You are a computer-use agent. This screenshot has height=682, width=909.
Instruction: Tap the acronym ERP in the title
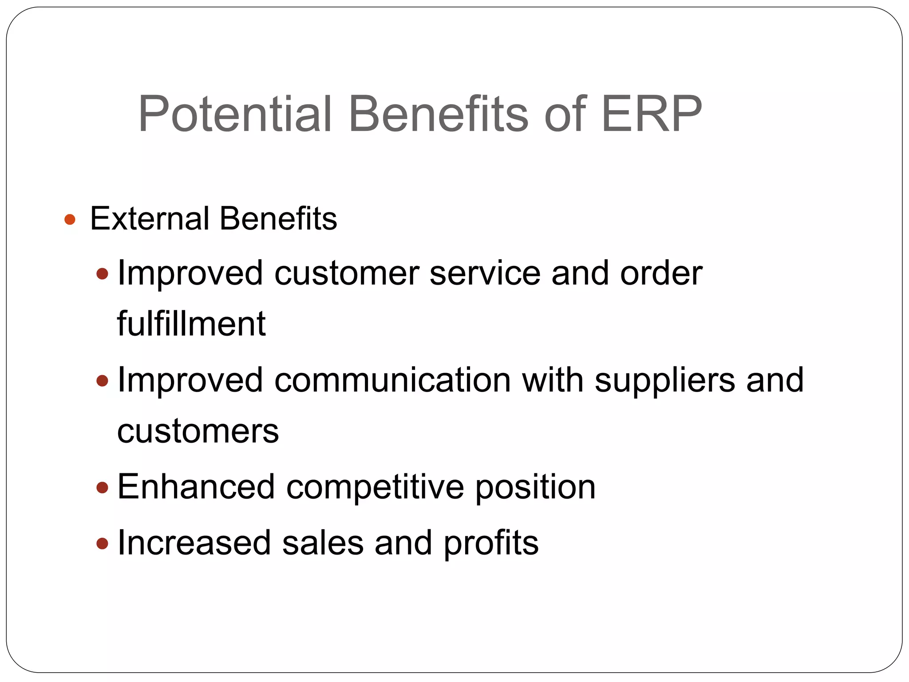652,115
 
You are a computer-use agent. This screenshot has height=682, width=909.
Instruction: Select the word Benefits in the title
439,115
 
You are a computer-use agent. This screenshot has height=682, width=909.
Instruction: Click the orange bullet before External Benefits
70,219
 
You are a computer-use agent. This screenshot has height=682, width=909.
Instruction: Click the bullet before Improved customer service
102,274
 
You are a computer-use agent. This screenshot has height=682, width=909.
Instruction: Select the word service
485,274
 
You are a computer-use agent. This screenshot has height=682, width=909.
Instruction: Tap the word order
661,274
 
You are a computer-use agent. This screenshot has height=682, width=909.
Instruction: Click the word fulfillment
191,324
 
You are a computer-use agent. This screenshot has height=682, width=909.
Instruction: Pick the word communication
392,381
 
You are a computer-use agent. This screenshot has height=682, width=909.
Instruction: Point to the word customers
198,432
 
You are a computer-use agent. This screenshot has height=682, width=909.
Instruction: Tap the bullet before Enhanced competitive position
102,488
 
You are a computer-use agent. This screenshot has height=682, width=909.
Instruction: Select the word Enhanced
196,487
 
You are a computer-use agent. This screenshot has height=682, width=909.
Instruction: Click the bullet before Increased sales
102,543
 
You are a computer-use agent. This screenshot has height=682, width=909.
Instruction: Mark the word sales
323,543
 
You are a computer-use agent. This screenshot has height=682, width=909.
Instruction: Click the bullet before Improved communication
102,381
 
